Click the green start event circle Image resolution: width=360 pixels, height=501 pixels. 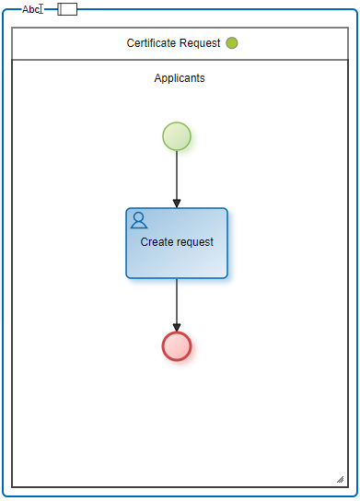(x=177, y=136)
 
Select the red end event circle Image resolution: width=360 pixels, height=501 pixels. (x=177, y=346)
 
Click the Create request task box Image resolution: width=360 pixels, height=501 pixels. (x=177, y=243)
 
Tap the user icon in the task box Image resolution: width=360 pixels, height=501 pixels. (x=139, y=220)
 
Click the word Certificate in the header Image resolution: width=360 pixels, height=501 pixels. (x=151, y=42)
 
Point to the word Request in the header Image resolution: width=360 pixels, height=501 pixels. (x=199, y=43)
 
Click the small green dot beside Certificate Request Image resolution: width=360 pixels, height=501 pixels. (x=232, y=42)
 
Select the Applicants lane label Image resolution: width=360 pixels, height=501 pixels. (x=180, y=78)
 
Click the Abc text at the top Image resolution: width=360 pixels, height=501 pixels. (x=30, y=9)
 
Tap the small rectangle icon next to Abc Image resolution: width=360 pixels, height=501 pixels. (x=67, y=9)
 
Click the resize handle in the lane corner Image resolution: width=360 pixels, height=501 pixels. (x=340, y=479)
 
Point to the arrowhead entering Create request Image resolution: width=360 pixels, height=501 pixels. (x=177, y=204)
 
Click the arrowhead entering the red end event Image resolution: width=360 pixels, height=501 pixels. (x=177, y=327)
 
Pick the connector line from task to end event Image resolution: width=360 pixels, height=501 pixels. (x=177, y=305)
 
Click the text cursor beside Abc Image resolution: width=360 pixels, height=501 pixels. (x=41, y=9)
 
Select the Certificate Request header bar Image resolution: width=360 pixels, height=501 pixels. (x=180, y=43)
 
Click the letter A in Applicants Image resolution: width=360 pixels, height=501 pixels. (x=157, y=78)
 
